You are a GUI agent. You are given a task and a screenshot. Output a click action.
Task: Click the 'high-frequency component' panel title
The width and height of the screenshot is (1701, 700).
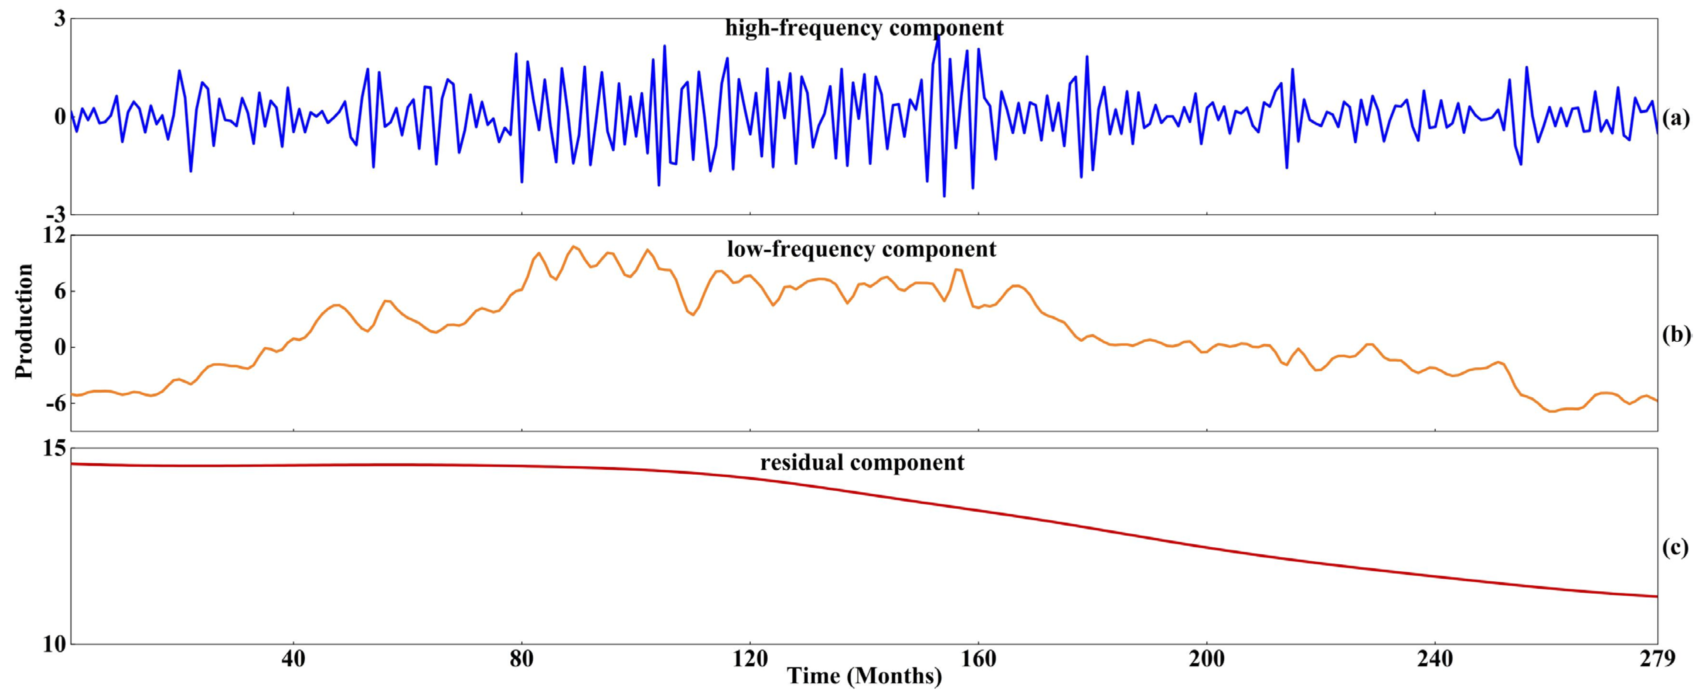864,28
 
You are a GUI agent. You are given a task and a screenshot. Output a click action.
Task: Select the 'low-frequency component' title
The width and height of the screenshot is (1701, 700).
862,250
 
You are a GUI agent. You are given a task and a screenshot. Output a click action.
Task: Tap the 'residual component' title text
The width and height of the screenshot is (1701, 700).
862,462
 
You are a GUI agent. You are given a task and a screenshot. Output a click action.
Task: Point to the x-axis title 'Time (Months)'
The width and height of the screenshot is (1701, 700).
864,676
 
